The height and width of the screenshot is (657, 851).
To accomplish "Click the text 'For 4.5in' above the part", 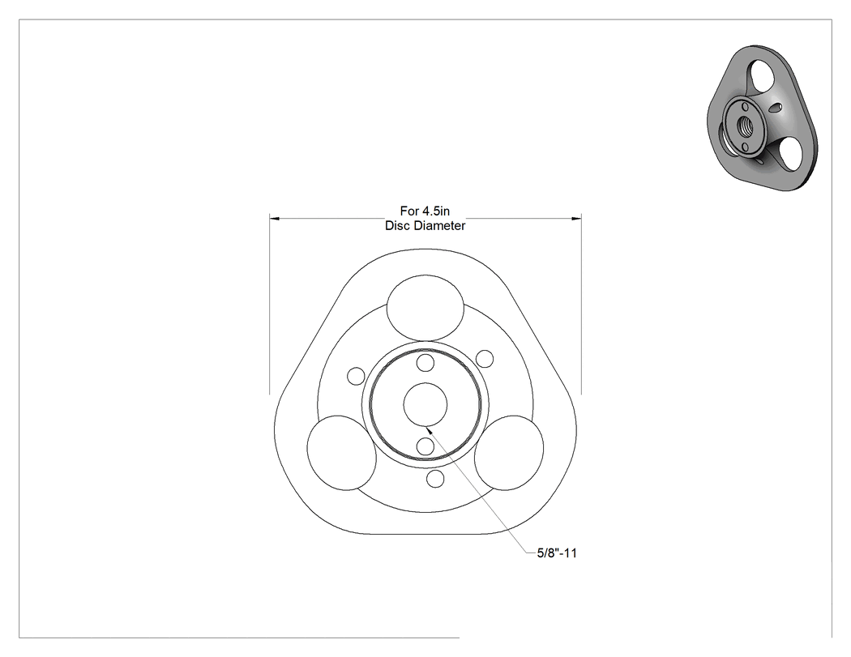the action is [x=425, y=211].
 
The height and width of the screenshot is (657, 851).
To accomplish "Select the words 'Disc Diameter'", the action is [x=425, y=226].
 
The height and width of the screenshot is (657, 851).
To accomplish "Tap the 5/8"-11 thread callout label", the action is [x=557, y=552].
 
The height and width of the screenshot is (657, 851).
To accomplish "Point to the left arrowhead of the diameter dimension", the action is [x=275, y=218].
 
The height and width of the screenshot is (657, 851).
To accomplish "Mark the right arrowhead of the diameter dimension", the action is [x=576, y=218].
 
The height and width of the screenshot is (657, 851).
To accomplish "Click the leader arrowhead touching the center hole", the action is [x=430, y=429].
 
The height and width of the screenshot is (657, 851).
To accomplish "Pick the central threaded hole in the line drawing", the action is [x=425, y=404].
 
